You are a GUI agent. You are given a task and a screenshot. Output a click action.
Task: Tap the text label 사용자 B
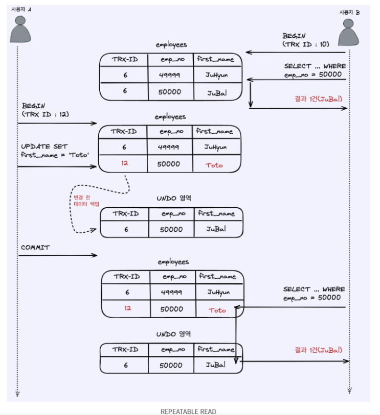pos(349,12)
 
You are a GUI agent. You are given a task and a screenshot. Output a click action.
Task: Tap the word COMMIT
pos(35,248)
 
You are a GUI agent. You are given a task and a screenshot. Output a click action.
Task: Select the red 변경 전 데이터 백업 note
pos(86,200)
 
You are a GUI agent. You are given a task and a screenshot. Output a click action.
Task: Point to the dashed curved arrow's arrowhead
pos(94,231)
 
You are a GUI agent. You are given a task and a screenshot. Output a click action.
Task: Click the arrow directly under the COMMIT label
pos(57,255)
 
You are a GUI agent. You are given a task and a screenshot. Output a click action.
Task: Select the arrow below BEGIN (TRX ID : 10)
pos(297,52)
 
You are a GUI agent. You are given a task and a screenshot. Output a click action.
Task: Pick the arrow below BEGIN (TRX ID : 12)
pos(57,123)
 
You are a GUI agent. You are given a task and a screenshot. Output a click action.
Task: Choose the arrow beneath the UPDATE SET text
pos(57,166)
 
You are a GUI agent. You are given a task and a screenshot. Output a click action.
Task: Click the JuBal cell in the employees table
pos(216,93)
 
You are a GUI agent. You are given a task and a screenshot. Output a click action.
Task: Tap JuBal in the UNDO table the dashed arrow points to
pos(216,229)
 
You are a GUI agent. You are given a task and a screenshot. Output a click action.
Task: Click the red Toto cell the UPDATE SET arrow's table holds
pos(215,165)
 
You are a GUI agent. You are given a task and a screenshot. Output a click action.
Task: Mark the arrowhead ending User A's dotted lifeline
pos(17,393)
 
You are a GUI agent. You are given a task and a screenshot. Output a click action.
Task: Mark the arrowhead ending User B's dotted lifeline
pos(349,390)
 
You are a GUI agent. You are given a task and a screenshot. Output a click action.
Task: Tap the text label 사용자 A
pos(21,9)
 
